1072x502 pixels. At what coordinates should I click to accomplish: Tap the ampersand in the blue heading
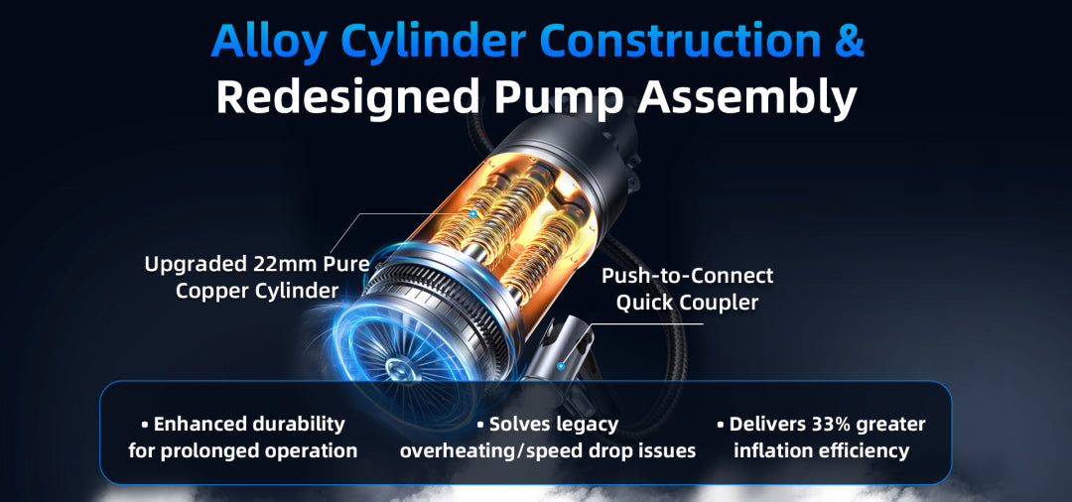844,41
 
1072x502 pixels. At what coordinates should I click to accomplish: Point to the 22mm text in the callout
281,264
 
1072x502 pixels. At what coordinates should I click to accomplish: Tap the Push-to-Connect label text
687,276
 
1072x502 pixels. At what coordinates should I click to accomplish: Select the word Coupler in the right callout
723,302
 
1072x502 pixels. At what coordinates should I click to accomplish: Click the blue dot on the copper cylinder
473,212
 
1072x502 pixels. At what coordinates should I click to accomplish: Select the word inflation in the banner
771,450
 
